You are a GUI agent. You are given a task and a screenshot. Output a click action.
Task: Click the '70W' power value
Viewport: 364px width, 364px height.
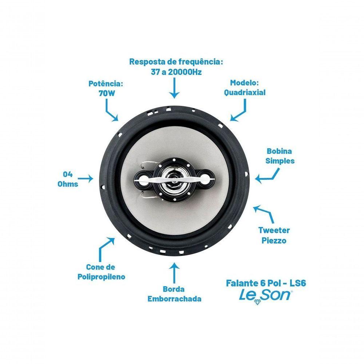pos(107,93)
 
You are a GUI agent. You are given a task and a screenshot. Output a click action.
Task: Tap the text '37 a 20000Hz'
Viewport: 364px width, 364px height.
pos(176,72)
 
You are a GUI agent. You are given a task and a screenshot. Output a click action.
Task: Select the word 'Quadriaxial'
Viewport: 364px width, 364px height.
pos(245,92)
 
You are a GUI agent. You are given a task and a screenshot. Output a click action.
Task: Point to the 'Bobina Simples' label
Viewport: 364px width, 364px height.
pos(280,156)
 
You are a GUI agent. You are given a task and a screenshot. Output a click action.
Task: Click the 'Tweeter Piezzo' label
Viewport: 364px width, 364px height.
pos(274,235)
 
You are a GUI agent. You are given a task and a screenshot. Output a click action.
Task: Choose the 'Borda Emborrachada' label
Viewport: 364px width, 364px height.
pos(174,294)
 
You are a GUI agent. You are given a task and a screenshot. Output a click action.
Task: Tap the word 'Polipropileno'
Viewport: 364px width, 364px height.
pos(101,277)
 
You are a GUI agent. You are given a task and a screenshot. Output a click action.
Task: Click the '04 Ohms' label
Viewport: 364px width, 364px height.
pos(68,179)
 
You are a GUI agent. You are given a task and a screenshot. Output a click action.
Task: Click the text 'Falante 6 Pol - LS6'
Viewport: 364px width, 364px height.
pos(266,283)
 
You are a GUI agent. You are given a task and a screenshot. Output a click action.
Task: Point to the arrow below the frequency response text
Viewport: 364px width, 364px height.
pos(174,88)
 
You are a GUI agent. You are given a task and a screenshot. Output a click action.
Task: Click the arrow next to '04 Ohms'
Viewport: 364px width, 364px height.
pos(86,178)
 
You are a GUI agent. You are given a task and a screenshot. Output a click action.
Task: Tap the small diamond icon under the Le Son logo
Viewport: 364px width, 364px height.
pos(257,302)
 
